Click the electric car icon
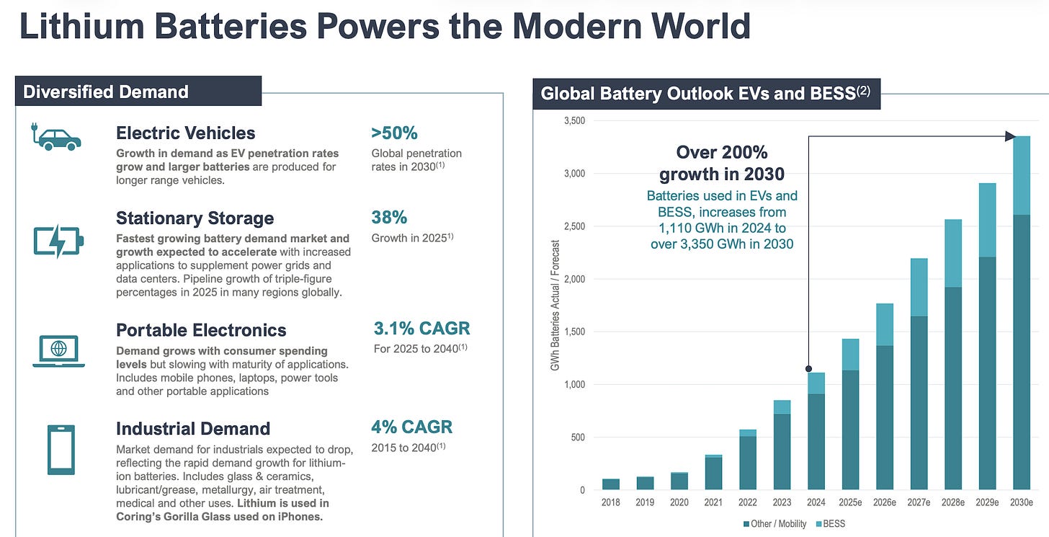click(56, 137)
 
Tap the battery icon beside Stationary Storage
click(58, 241)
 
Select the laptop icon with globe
click(58, 350)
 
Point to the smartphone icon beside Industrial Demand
click(61, 449)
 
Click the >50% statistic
click(394, 133)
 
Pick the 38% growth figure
click(389, 218)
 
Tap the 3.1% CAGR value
click(421, 329)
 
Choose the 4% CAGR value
click(411, 427)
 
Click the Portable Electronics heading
click(201, 330)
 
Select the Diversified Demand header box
click(138, 92)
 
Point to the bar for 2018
click(611, 484)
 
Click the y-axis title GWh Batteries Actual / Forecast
click(555, 306)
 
